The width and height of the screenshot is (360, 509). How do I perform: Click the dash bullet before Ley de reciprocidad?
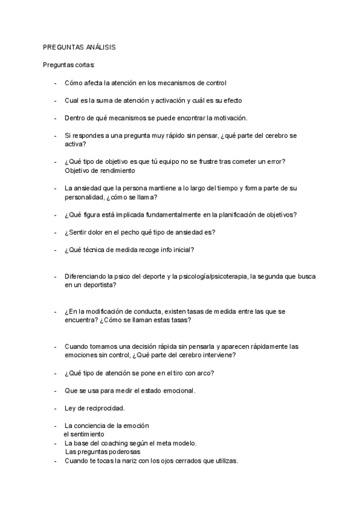pos(55,409)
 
